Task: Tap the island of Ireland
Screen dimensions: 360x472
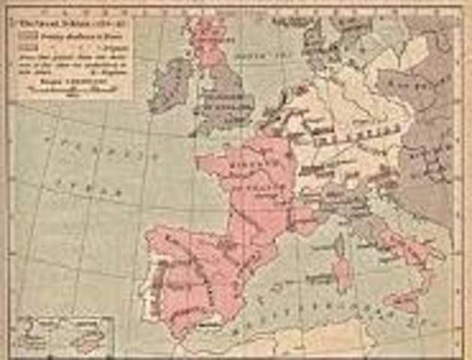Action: [x=171, y=84]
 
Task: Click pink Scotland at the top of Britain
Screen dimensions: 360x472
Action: [x=206, y=37]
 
